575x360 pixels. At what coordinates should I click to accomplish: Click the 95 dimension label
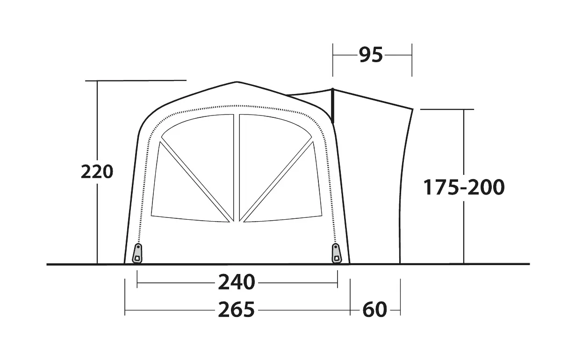(x=371, y=55)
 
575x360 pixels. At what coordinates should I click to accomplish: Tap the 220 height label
(x=97, y=172)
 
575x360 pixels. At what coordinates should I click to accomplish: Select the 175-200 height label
(x=464, y=187)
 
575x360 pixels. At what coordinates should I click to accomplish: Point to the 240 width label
(x=237, y=282)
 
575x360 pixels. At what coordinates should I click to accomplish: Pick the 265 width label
(x=237, y=310)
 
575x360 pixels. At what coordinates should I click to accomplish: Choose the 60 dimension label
(x=375, y=310)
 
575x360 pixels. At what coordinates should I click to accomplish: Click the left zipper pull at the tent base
(x=137, y=254)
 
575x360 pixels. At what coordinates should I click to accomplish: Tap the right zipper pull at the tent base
(x=337, y=254)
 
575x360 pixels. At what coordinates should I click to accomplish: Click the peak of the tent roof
(x=237, y=82)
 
